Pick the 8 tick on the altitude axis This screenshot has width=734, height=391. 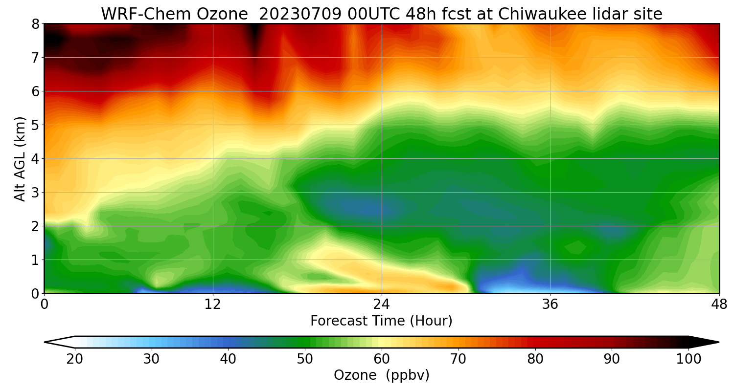pyautogui.click(x=36, y=24)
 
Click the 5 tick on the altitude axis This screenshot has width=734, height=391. pyautogui.click(x=36, y=125)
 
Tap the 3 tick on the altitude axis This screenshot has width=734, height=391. pyautogui.click(x=36, y=193)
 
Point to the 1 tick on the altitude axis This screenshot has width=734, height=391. pyautogui.click(x=36, y=260)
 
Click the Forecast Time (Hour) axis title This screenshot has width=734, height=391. pyautogui.click(x=381, y=321)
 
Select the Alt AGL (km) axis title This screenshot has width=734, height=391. pyautogui.click(x=20, y=158)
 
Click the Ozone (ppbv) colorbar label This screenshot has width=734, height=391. pyautogui.click(x=381, y=375)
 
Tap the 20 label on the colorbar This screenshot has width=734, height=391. pyautogui.click(x=75, y=359)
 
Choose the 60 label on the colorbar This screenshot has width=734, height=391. pyautogui.click(x=382, y=359)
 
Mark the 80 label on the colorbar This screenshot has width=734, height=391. pyautogui.click(x=535, y=359)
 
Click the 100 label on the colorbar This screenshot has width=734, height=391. pyautogui.click(x=688, y=359)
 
